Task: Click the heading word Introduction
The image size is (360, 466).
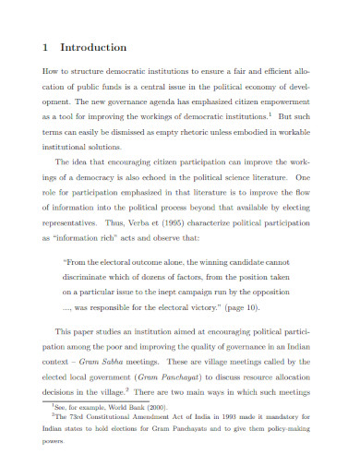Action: tap(93, 47)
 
